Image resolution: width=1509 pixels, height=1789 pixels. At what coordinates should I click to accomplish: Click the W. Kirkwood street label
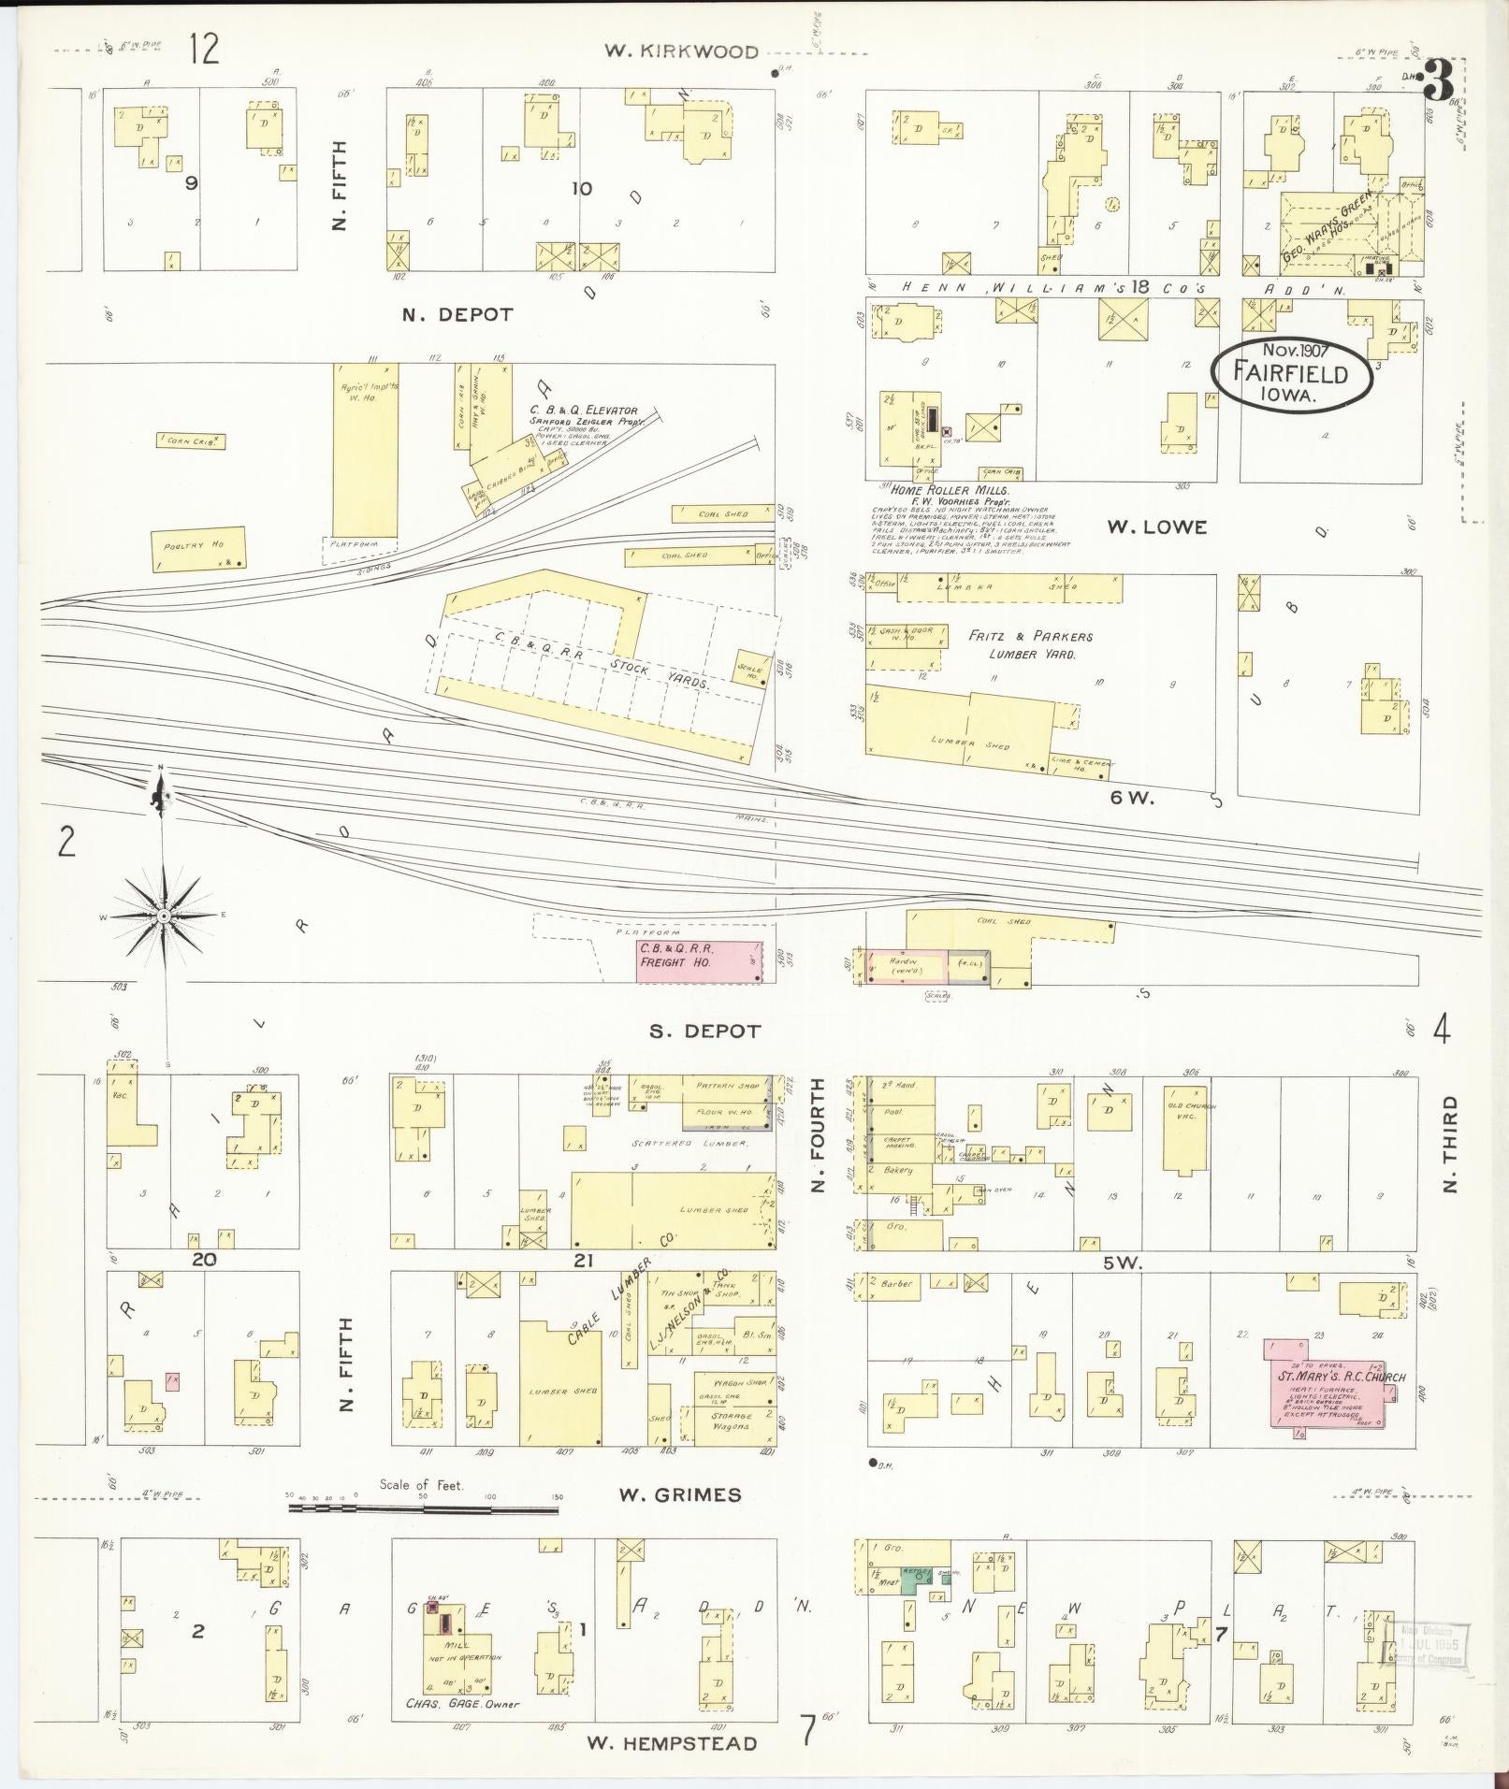680,51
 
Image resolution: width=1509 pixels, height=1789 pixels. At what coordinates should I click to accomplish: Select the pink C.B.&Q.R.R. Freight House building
700,961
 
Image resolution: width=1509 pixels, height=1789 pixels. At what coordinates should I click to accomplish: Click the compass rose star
164,916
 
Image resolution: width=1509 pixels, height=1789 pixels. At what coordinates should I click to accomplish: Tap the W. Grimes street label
679,1494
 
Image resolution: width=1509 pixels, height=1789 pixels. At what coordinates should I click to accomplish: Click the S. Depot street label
705,1031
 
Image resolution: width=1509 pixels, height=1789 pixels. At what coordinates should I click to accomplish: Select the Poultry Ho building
198,549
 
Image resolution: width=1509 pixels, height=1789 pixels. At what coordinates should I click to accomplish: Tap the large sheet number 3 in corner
1437,84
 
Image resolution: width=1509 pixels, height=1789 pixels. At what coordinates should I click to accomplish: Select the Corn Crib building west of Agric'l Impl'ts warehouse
191,440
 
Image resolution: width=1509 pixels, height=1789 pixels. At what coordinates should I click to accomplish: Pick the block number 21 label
583,1261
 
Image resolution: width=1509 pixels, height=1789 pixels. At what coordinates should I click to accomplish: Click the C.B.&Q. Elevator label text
584,410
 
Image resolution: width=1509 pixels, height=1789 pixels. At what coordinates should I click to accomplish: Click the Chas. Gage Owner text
463,1703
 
